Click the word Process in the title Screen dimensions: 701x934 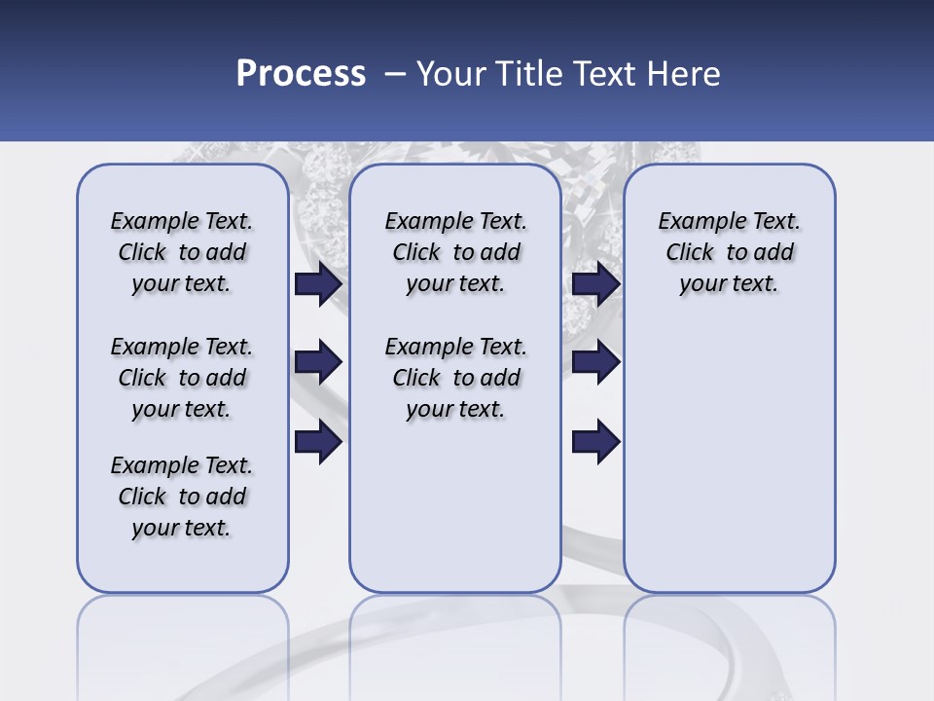click(x=301, y=73)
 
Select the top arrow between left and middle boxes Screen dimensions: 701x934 click(x=318, y=284)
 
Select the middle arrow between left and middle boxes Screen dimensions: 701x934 click(x=318, y=362)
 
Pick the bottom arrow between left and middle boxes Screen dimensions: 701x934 click(x=318, y=442)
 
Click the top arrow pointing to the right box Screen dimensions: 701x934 click(x=595, y=284)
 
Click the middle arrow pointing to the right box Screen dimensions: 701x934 click(x=595, y=362)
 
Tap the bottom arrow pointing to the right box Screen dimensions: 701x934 click(x=595, y=442)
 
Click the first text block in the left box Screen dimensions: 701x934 click(x=182, y=252)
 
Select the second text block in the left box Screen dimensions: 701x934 click(x=182, y=378)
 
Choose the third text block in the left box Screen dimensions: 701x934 click(x=182, y=497)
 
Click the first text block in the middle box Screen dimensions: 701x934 click(x=455, y=252)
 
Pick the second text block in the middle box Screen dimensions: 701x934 click(x=455, y=378)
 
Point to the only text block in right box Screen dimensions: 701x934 click(x=729, y=252)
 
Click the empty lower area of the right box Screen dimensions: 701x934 click(x=729, y=467)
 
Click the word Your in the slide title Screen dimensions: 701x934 click(x=450, y=73)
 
